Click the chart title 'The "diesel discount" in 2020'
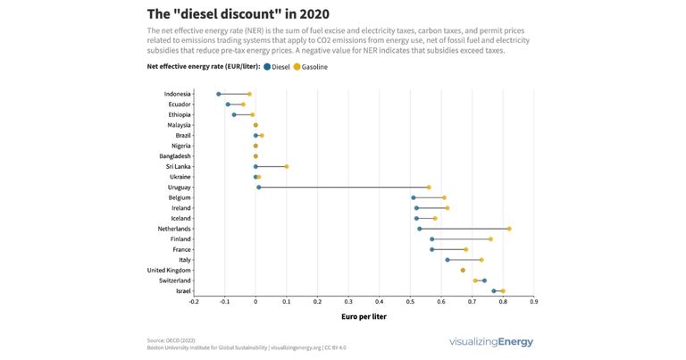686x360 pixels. (x=238, y=14)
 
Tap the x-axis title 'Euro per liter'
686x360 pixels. (x=364, y=316)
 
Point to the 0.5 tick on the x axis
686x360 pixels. (x=410, y=302)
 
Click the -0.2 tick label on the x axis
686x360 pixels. (x=194, y=302)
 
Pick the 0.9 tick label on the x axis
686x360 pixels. (x=533, y=302)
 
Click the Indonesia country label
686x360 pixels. (x=176, y=94)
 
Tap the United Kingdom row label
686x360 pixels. (x=169, y=270)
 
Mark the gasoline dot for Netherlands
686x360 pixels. (x=509, y=229)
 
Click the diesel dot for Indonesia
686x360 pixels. (x=219, y=94)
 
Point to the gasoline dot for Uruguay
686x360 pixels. (x=429, y=188)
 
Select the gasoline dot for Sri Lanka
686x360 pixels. (x=287, y=166)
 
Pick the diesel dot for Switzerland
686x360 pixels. (x=484, y=280)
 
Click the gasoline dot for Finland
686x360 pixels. (x=490, y=239)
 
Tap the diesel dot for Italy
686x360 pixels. (x=448, y=260)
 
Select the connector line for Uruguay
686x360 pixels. (x=344, y=188)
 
